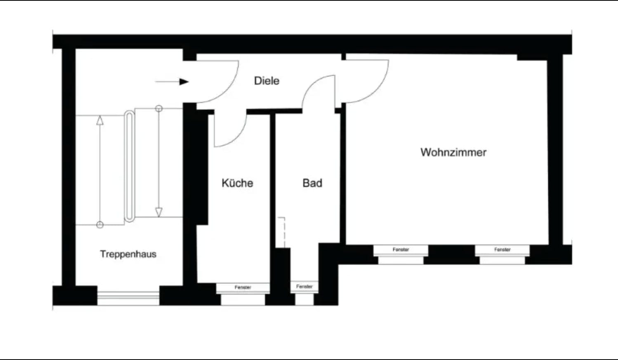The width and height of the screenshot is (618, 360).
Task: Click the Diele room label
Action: click(x=267, y=81)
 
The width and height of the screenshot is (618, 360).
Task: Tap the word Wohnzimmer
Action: click(x=453, y=152)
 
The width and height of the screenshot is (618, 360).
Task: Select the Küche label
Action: click(x=237, y=183)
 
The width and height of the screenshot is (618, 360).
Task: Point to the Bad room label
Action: click(x=312, y=183)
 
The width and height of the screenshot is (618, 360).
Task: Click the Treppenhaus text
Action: click(x=128, y=254)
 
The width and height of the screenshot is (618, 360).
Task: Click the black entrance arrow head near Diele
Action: click(x=184, y=82)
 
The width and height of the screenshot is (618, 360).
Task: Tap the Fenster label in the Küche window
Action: click(x=243, y=287)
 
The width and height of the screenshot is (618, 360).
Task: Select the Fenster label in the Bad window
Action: click(x=304, y=287)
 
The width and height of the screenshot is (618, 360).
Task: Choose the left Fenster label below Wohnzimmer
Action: click(x=401, y=250)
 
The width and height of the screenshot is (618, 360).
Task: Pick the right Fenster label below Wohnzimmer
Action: click(x=502, y=250)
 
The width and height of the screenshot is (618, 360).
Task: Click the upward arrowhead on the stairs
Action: click(x=100, y=120)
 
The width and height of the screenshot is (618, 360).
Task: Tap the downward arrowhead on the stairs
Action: click(x=159, y=212)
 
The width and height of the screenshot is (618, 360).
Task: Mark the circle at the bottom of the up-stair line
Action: click(x=100, y=225)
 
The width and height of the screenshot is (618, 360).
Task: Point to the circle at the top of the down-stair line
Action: click(x=159, y=109)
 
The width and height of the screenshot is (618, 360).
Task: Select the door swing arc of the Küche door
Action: click(x=237, y=137)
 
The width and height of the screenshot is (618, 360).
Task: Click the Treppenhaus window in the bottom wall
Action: click(x=128, y=298)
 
